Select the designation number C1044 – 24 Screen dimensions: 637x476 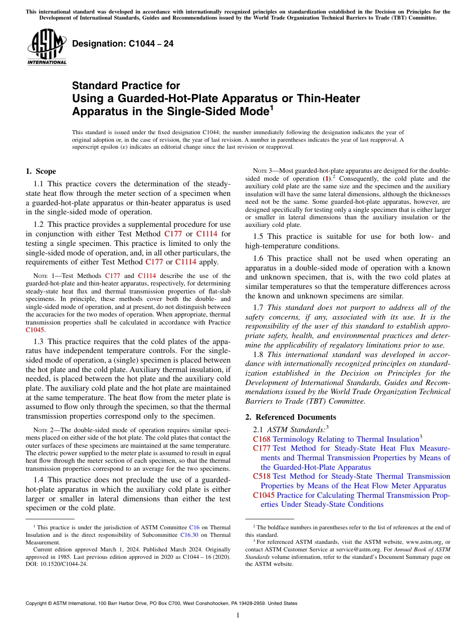click(123, 44)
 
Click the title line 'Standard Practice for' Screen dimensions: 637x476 click(126, 86)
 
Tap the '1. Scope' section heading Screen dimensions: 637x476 click(41, 171)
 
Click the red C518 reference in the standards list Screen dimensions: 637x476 click(262, 476)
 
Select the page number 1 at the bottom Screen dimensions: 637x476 click(238, 615)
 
